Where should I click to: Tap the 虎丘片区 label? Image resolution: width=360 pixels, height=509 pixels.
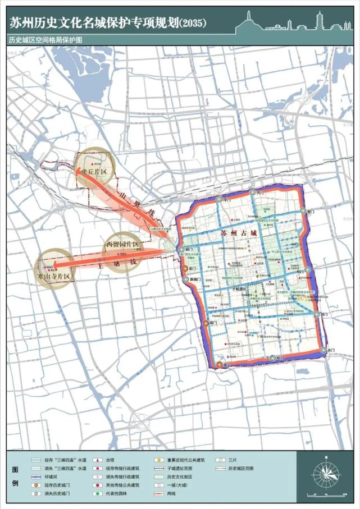(x=93, y=171)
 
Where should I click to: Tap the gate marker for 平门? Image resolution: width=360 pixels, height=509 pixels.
(x=218, y=200)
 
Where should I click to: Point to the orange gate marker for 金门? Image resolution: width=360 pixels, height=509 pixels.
(x=185, y=269)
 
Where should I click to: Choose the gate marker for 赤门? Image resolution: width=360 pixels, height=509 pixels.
(x=323, y=350)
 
